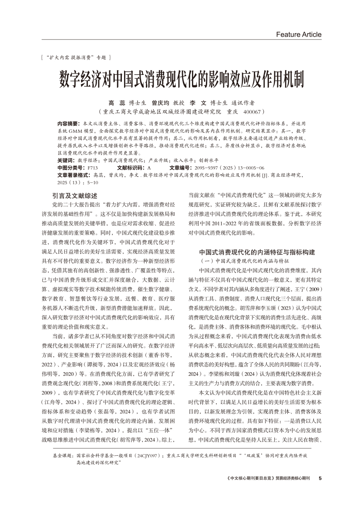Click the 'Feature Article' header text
pyautogui.click(x=299, y=34)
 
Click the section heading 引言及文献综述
pyautogui.click(x=74, y=196)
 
